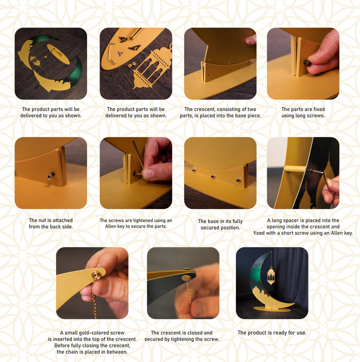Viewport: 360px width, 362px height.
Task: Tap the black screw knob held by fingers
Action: [x=307, y=63]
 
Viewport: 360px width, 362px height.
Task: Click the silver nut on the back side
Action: [x=49, y=176]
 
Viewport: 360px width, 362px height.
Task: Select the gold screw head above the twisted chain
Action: [x=96, y=274]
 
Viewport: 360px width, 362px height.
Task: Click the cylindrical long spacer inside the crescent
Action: [x=296, y=168]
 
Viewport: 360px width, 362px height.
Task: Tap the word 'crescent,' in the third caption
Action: [x=203, y=109]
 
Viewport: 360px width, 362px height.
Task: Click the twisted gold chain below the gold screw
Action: [x=94, y=298]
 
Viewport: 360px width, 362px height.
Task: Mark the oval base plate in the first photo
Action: [x=58, y=54]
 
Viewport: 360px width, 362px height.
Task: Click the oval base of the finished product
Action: [x=272, y=309]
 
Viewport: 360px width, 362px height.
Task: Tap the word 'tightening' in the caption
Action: [x=181, y=339]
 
